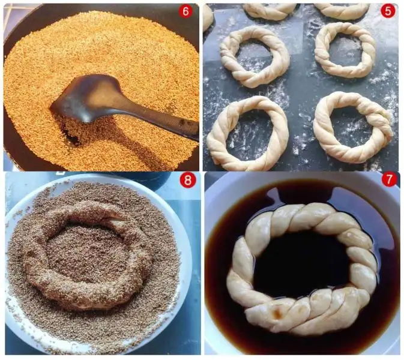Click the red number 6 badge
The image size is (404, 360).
click(x=185, y=11)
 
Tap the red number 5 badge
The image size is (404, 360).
click(x=388, y=11)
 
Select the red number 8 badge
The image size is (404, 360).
click(x=187, y=180)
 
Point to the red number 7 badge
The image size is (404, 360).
click(x=389, y=179)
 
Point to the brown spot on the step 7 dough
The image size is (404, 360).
click(x=278, y=313)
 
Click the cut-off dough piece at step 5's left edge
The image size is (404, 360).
click(x=208, y=17)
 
